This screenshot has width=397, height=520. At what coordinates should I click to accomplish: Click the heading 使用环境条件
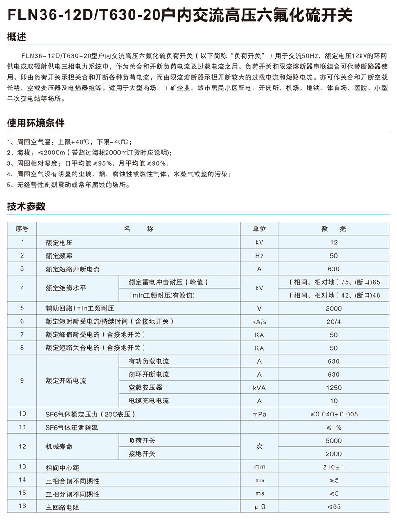(x=36, y=123)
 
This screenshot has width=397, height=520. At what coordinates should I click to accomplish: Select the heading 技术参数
(x=26, y=207)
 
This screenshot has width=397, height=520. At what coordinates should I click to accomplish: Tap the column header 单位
(x=259, y=229)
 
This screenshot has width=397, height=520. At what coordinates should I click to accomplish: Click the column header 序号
(x=22, y=229)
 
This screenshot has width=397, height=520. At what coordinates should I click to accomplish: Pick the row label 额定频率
(x=59, y=256)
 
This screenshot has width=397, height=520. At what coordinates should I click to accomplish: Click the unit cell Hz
(x=259, y=256)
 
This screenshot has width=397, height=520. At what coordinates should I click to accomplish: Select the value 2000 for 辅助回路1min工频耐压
(x=334, y=308)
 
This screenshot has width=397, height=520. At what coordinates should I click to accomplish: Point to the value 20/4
(x=334, y=321)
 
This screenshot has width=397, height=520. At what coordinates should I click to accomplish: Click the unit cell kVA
(x=259, y=388)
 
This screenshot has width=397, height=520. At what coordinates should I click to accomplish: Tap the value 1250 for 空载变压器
(x=334, y=388)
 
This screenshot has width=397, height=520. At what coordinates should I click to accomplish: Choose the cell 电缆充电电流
(x=149, y=401)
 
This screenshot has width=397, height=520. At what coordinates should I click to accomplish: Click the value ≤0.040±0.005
(x=334, y=414)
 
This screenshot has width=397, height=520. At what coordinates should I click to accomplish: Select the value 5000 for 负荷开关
(x=334, y=440)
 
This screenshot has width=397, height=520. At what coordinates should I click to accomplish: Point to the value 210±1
(x=334, y=467)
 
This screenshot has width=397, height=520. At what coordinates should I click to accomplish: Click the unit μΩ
(x=259, y=507)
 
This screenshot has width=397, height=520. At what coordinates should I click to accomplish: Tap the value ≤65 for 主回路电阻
(x=334, y=507)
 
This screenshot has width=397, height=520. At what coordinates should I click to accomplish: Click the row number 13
(x=22, y=467)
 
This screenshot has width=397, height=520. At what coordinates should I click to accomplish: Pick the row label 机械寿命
(x=59, y=447)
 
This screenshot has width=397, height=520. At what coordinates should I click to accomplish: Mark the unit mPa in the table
(x=259, y=414)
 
